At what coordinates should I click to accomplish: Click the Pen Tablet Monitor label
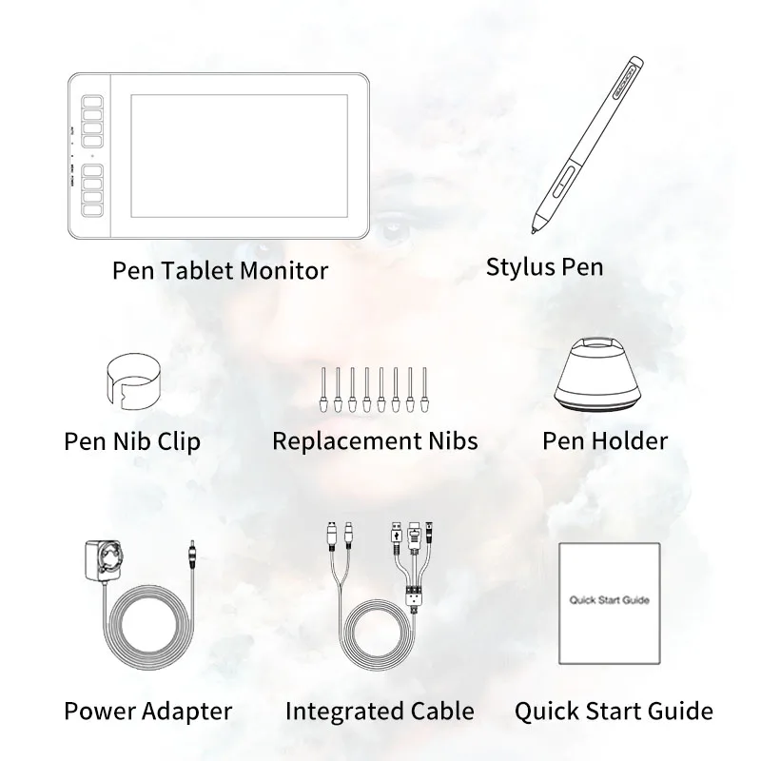[x=220, y=270]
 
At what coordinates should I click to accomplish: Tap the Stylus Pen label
[x=544, y=266]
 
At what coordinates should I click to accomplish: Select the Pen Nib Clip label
[x=132, y=441]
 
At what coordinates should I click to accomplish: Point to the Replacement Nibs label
[x=375, y=441]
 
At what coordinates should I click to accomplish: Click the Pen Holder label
[x=605, y=441]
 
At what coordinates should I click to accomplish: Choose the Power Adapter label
[x=147, y=710]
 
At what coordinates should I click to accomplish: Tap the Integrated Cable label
[x=380, y=711]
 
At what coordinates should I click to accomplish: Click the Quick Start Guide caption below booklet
[x=614, y=711]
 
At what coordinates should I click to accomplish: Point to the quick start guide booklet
[x=609, y=602]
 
